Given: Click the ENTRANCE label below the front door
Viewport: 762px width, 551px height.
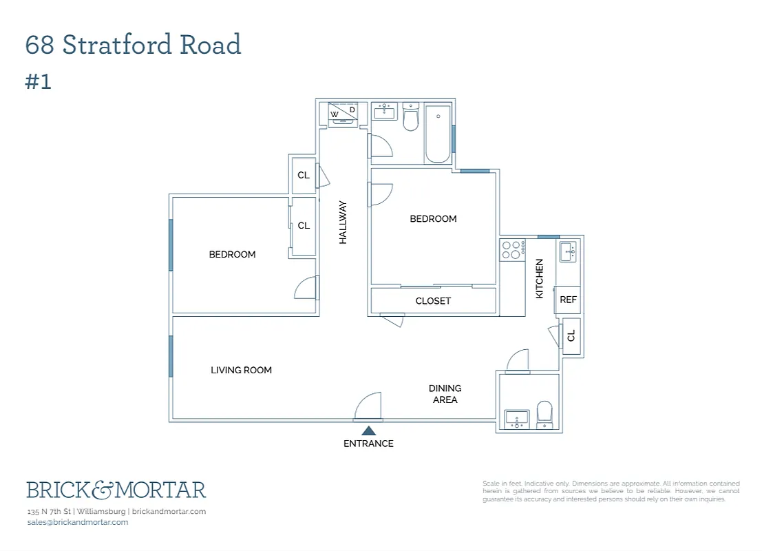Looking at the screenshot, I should pyautogui.click(x=368, y=444).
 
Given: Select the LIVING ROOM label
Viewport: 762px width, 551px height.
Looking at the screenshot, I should pyautogui.click(x=241, y=370).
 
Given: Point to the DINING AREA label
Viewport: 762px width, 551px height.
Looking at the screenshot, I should pyautogui.click(x=445, y=394).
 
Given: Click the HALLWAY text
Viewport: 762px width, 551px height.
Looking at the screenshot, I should pyautogui.click(x=343, y=222).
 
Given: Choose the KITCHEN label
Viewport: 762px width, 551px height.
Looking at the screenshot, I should pyautogui.click(x=540, y=278).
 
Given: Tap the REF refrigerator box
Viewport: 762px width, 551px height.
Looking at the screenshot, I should pyautogui.click(x=568, y=300).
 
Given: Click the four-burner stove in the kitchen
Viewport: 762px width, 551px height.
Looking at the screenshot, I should pyautogui.click(x=512, y=249).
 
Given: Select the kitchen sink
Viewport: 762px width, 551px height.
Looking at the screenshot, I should pyautogui.click(x=568, y=251).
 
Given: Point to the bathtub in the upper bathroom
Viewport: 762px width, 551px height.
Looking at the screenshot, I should pyautogui.click(x=437, y=134).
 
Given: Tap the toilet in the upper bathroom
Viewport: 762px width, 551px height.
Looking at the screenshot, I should pyautogui.click(x=410, y=118).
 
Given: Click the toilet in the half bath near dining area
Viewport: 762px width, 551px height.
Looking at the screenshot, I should pyautogui.click(x=544, y=415).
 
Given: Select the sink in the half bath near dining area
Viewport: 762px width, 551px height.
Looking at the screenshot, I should pyautogui.click(x=516, y=418).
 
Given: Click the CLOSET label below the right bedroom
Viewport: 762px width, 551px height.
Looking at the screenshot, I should pyautogui.click(x=433, y=301).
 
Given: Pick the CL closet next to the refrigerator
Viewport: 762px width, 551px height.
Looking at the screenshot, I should pyautogui.click(x=571, y=336).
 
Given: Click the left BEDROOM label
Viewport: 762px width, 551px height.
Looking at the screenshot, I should pyautogui.click(x=232, y=254).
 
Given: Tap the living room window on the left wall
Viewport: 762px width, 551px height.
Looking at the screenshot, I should pyautogui.click(x=171, y=356).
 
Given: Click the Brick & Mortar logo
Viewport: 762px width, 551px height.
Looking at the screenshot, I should pyautogui.click(x=116, y=490).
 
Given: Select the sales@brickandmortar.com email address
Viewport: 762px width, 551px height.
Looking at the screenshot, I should pyautogui.click(x=78, y=522).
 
